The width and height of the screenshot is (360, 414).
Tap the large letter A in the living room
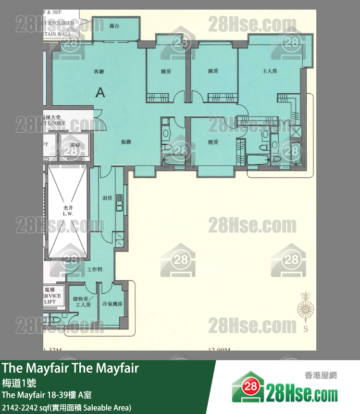100,92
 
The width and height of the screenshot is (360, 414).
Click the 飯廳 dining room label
126,142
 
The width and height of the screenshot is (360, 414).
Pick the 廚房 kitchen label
107,198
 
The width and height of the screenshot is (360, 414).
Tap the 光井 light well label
68,207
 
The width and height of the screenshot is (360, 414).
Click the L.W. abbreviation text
68,213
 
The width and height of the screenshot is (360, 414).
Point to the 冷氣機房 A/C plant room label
112,304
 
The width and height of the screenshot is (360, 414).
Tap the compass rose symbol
304,308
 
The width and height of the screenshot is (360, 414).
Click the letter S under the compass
305,330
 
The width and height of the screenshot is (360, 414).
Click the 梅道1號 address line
19,383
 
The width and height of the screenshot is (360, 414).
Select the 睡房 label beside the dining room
213,142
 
